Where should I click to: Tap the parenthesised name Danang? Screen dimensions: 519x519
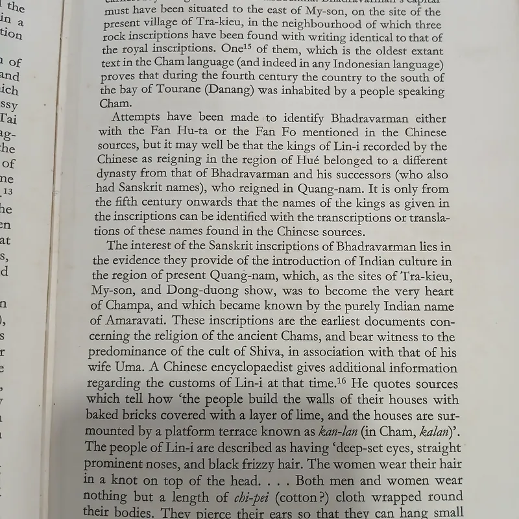pos(224,91)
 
